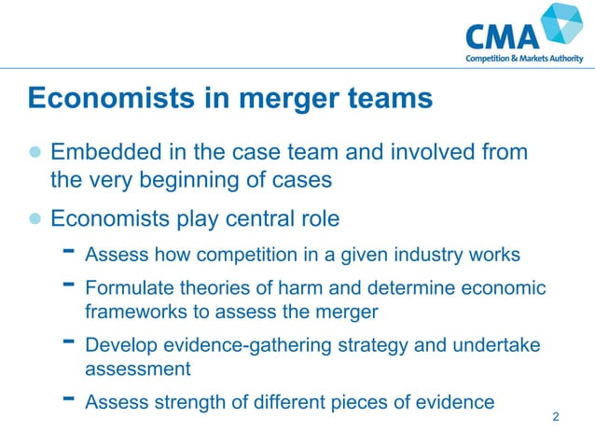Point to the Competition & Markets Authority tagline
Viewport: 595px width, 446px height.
click(524, 59)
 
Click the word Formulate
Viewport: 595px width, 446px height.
click(125, 288)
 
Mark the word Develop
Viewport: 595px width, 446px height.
click(118, 345)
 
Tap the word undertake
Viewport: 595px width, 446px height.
click(494, 345)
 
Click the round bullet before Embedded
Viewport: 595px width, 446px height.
click(35, 151)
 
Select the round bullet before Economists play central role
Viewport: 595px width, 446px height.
click(35, 220)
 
